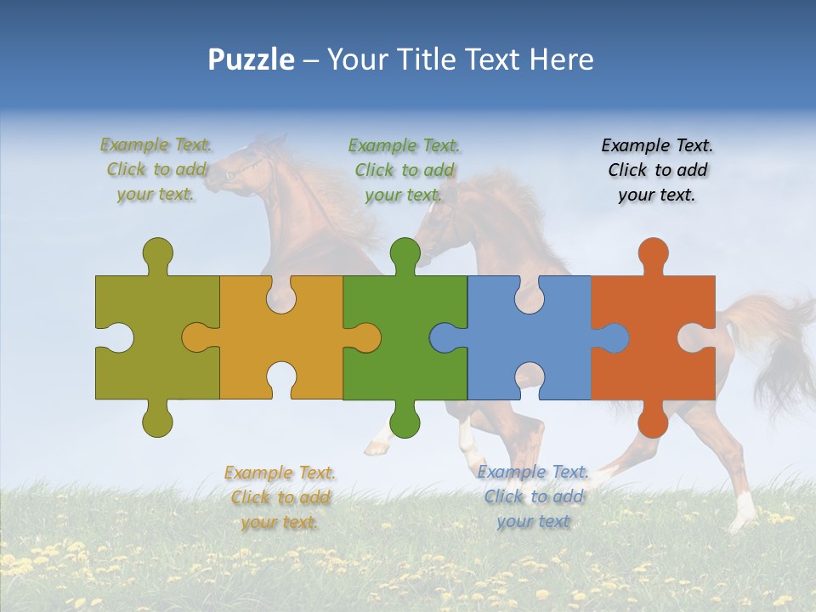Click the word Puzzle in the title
click(x=252, y=59)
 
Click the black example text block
click(x=657, y=170)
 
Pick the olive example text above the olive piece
click(x=156, y=170)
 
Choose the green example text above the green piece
click(x=404, y=170)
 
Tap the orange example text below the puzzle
click(x=280, y=497)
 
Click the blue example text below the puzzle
click(x=533, y=496)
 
